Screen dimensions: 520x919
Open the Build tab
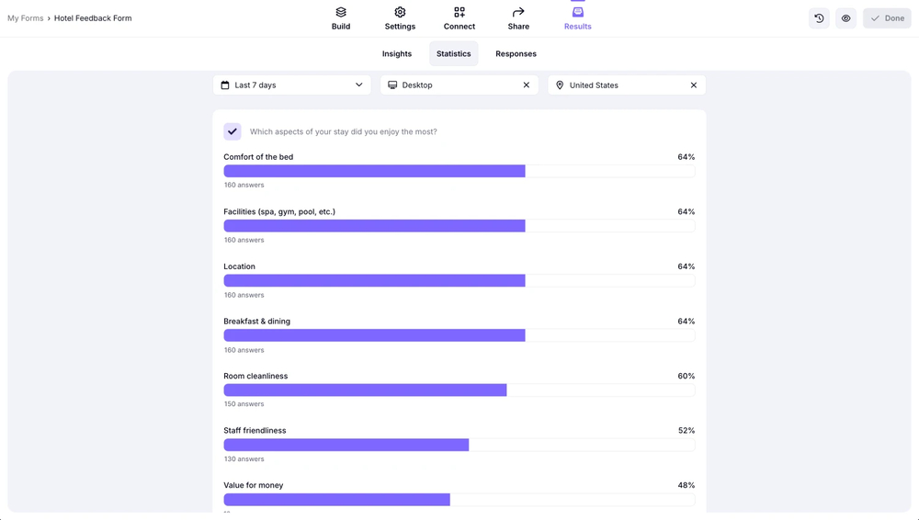(341, 18)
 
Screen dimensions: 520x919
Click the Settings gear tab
(400, 18)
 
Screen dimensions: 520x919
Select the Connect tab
(459, 18)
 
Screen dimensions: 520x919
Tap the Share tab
(518, 18)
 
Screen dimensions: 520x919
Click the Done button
(887, 18)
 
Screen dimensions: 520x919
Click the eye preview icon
(846, 18)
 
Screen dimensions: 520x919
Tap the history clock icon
(819, 18)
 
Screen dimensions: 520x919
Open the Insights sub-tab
(397, 54)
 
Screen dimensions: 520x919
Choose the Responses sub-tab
(516, 54)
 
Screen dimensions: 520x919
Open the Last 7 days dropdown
(292, 85)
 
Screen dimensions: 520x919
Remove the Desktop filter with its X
(527, 85)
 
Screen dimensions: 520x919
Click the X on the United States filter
(694, 85)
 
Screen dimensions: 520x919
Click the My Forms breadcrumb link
(26, 18)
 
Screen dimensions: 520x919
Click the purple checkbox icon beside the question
(233, 131)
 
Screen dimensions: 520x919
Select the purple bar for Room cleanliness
(365, 390)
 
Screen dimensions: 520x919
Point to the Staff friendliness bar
(346, 445)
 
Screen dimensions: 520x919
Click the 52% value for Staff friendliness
(686, 431)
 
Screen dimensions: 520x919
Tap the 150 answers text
(244, 404)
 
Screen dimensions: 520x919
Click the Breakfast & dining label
(256, 322)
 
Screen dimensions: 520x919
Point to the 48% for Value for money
(686, 485)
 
